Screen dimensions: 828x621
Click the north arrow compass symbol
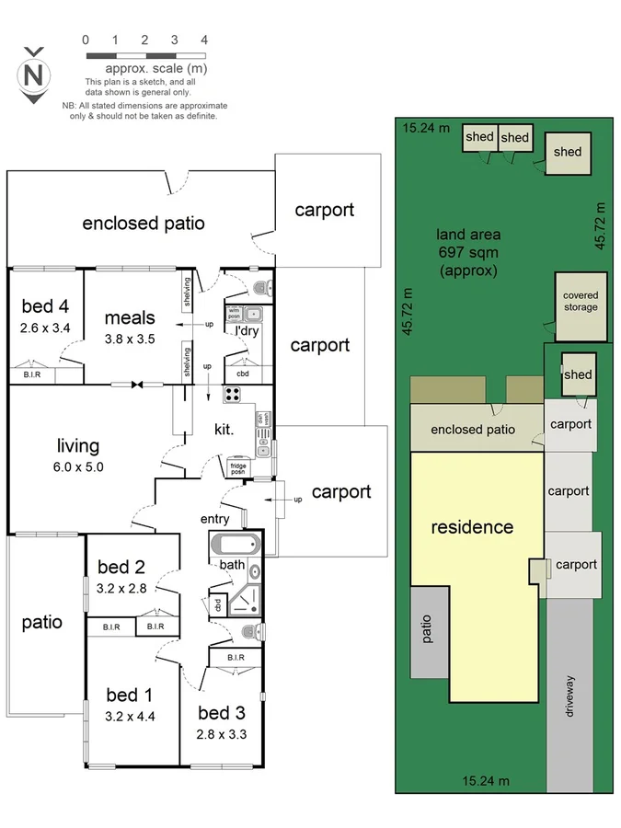[x=35, y=75]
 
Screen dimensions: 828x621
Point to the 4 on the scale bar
[x=203, y=40]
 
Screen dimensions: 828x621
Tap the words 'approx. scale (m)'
[x=155, y=69]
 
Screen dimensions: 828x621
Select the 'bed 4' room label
[x=45, y=306]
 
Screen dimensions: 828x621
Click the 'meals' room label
[x=129, y=318]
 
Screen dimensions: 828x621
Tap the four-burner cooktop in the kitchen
[x=233, y=396]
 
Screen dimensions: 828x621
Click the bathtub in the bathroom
[x=236, y=545]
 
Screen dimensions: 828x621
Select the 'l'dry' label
[x=247, y=331]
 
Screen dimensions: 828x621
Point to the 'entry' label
[x=215, y=520]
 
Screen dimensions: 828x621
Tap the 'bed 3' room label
[x=221, y=713]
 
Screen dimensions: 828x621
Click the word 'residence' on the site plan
[x=473, y=527]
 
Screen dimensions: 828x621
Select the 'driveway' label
[x=570, y=696]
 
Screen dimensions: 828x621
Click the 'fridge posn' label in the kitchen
[x=238, y=467]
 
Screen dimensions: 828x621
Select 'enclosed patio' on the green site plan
[x=473, y=429]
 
